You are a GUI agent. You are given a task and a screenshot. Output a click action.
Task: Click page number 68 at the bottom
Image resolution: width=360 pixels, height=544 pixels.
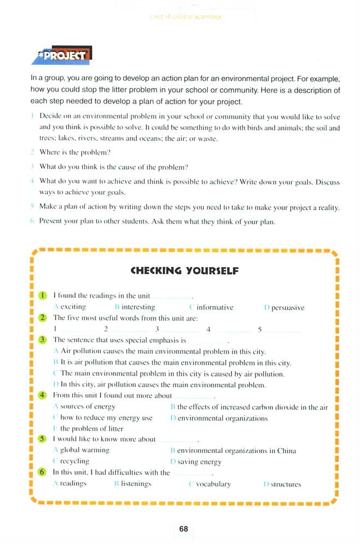[x=184, y=529]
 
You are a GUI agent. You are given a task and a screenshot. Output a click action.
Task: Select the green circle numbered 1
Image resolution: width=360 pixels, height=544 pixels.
[x=43, y=296]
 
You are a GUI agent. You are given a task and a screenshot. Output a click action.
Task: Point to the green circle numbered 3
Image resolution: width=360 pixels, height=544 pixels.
[x=43, y=340]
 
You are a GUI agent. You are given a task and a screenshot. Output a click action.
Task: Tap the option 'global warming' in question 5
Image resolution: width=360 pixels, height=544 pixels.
[x=84, y=450]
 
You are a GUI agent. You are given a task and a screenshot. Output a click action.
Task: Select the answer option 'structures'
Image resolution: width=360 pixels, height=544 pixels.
[x=285, y=484]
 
